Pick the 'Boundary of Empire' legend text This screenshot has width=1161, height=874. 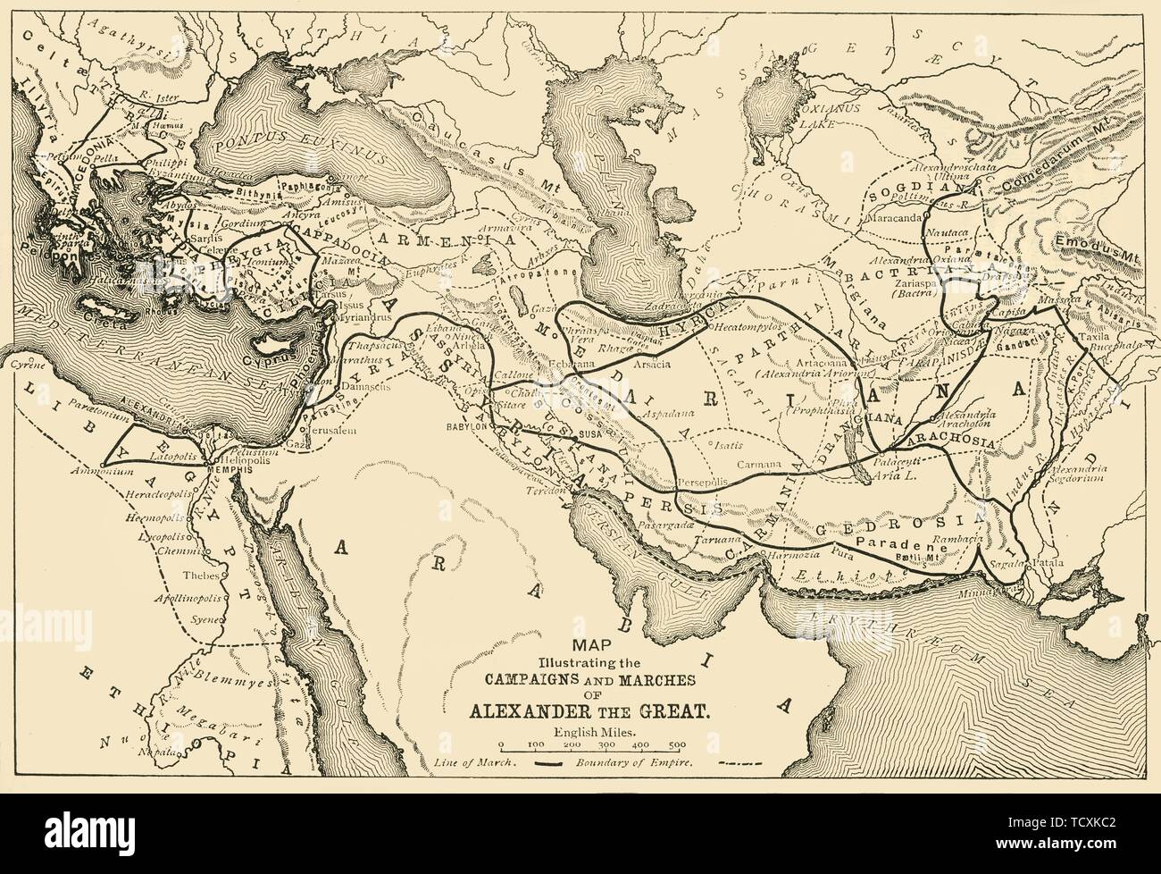(x=633, y=764)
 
